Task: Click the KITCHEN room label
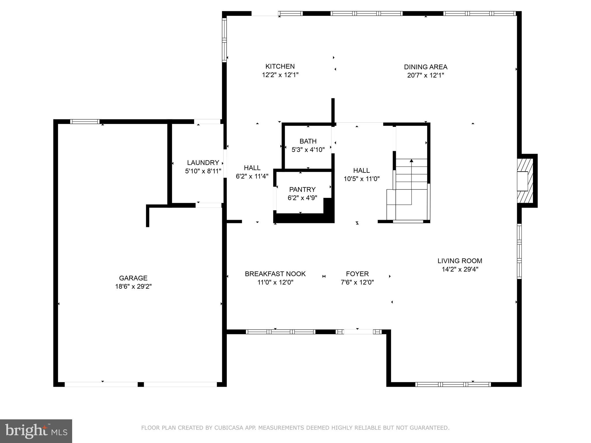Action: click(280, 67)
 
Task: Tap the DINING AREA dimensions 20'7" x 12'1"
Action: click(425, 76)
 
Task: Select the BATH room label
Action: click(308, 141)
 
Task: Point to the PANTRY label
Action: click(302, 189)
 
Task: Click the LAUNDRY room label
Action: click(203, 163)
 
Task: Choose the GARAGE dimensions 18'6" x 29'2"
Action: click(133, 286)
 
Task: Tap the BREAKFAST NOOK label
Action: click(275, 274)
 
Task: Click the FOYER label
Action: click(357, 274)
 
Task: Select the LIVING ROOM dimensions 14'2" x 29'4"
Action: click(460, 269)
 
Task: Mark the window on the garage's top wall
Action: click(85, 122)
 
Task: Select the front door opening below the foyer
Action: click(358, 332)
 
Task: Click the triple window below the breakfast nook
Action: click(280, 332)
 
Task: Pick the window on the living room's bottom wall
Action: click(453, 384)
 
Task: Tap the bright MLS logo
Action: click(36, 431)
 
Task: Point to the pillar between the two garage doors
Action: click(141, 384)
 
